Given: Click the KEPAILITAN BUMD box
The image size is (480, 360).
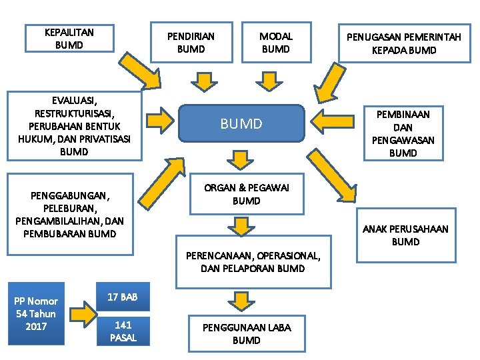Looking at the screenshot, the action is pos(69,39).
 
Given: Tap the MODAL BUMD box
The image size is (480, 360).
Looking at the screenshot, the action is pos(275,42).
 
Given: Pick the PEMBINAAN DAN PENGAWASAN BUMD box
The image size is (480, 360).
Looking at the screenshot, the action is pos(403,133).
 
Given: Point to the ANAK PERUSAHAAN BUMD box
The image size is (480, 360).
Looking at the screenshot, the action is pos(405,235).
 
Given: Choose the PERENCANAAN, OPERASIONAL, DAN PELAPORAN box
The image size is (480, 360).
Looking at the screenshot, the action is pos(253,261).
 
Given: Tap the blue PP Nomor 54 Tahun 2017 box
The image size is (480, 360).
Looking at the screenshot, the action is pos(37,313).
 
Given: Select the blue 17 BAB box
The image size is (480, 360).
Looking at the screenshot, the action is pos(123,297).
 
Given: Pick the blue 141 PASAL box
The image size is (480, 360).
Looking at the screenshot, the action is pos(123,331).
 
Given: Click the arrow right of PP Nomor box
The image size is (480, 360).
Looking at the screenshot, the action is pos(81,312).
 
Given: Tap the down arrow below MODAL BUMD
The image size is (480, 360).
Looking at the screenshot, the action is pos(269,81).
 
